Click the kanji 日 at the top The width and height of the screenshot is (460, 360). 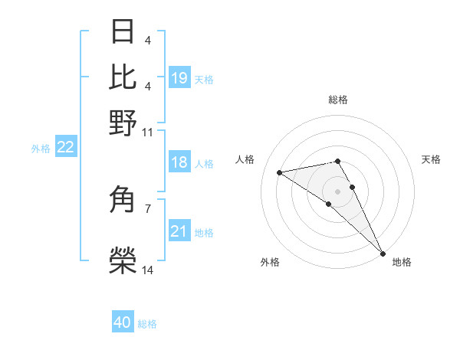click(123, 32)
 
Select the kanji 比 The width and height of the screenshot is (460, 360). click(123, 77)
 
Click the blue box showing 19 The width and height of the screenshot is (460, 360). click(179, 78)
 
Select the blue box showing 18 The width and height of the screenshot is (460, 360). click(179, 163)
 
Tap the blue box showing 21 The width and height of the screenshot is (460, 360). click(179, 232)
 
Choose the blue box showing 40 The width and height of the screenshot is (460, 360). click(123, 323)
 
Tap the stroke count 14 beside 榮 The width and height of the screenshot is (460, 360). click(147, 270)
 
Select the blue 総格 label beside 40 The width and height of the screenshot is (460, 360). click(147, 324)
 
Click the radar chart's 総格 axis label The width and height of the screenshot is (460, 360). click(338, 100)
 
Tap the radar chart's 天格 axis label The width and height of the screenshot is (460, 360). click(431, 159)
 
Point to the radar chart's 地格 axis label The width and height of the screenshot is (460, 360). click(402, 262)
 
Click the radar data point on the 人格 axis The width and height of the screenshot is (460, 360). click(280, 172)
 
